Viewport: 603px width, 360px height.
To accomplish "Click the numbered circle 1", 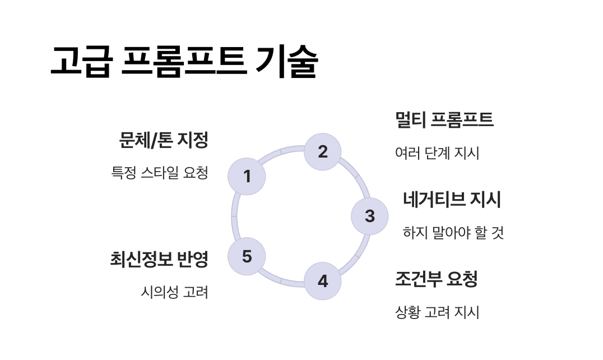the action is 247,177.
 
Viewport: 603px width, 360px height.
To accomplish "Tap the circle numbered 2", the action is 323,151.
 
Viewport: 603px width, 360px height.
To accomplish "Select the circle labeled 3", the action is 369,216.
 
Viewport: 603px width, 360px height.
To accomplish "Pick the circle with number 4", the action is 323,281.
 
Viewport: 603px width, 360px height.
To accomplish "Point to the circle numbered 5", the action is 247,256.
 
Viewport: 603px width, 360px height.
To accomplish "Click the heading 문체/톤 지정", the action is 163,140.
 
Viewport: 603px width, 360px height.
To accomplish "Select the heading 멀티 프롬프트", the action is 444,119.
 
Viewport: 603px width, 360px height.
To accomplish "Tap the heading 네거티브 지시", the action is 452,199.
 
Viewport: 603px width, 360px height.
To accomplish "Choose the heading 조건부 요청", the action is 436,279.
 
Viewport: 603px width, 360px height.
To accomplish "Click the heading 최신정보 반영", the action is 159,259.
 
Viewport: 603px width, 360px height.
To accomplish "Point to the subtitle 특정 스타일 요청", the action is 160,173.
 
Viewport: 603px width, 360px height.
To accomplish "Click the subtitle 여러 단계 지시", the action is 437,153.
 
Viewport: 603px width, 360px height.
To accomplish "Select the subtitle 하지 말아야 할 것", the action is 453,232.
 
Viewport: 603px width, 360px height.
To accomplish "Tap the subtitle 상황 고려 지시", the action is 437,312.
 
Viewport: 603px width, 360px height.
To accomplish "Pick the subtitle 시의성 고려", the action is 174,292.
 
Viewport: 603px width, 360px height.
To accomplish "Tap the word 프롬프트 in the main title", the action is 183,62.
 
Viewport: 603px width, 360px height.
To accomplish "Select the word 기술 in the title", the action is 286,62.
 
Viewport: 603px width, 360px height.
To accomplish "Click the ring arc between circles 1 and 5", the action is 234,216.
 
